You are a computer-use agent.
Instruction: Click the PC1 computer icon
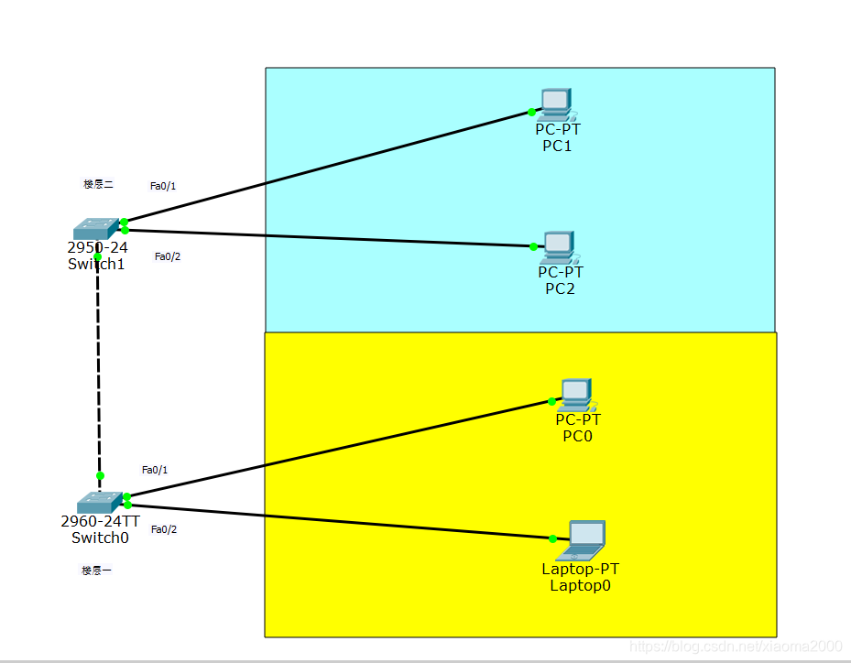click(x=555, y=104)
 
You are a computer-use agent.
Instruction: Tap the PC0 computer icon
click(x=576, y=395)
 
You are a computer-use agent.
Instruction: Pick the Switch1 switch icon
click(x=96, y=228)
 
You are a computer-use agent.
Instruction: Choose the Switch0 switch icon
click(x=99, y=502)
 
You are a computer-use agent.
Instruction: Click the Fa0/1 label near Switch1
click(x=163, y=186)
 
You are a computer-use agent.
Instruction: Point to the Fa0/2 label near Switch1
click(x=168, y=256)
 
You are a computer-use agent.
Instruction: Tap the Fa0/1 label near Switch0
click(x=155, y=470)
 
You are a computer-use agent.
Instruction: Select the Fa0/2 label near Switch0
click(x=164, y=529)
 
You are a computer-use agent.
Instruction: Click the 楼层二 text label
click(x=98, y=184)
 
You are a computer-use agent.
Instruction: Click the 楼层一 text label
click(x=96, y=571)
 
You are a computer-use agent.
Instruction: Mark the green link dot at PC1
click(x=531, y=112)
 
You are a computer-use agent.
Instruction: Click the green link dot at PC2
click(x=533, y=246)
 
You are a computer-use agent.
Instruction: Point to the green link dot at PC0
click(x=551, y=401)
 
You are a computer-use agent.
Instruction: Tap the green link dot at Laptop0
click(x=553, y=538)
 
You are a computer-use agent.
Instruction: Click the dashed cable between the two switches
click(x=99, y=366)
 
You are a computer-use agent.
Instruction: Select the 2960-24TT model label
click(x=100, y=521)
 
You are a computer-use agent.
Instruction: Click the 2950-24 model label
click(x=97, y=247)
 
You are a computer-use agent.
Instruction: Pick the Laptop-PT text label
click(x=580, y=569)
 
